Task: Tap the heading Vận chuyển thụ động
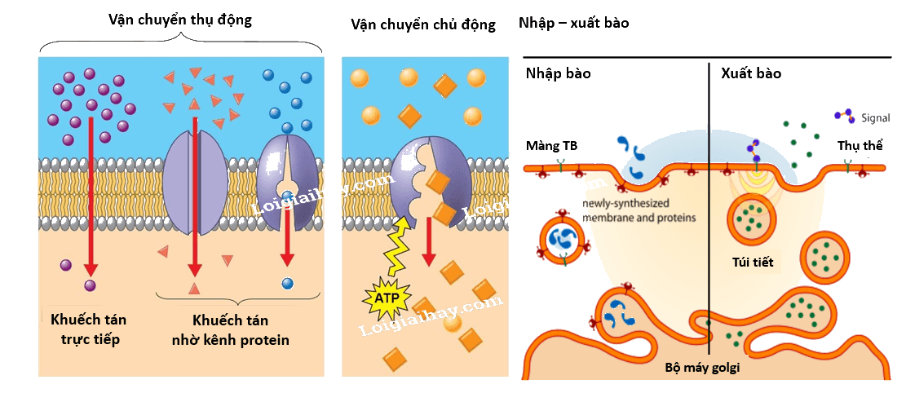[180, 20]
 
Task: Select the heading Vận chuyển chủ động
[423, 24]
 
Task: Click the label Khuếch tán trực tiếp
[89, 329]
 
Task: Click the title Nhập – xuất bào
[574, 24]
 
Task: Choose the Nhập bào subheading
[558, 74]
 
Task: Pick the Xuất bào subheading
[751, 74]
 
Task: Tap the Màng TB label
[551, 146]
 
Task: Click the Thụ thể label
[860, 146]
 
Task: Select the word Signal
[875, 118]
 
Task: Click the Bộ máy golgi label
[702, 368]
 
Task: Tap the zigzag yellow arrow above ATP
[397, 246]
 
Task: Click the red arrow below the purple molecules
[91, 197]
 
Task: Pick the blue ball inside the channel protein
[286, 195]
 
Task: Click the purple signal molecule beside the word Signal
[846, 116]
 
